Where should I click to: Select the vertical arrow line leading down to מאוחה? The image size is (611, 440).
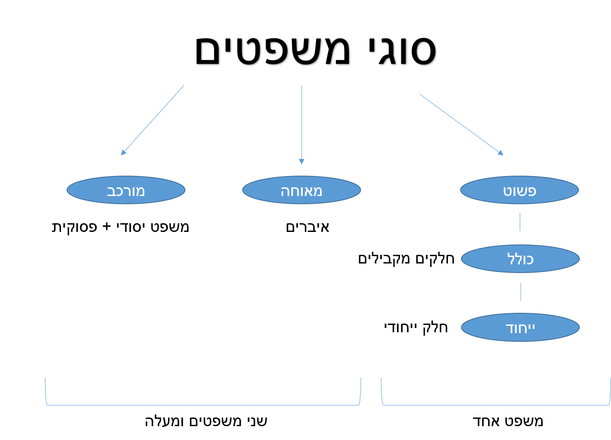[x=302, y=121]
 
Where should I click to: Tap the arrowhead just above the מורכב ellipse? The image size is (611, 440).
[x=123, y=152]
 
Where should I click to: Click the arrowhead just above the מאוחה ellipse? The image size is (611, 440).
[x=302, y=161]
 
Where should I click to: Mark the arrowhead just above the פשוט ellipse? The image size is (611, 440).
[x=501, y=153]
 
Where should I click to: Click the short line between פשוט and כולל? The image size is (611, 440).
[x=520, y=222]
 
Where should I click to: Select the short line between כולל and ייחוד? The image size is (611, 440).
[x=521, y=292]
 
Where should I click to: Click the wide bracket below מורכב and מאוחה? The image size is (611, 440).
[x=203, y=405]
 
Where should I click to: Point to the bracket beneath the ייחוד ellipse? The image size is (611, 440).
[x=496, y=405]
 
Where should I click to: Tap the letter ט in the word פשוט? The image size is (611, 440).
[x=507, y=191]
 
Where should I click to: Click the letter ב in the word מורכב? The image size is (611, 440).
[x=111, y=191]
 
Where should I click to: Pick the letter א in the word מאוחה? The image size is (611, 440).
[x=309, y=191]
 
